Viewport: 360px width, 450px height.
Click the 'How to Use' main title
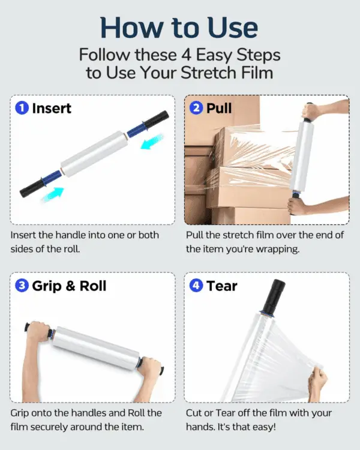179,28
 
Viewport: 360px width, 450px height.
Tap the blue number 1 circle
22,108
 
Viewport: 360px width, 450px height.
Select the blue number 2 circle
196,108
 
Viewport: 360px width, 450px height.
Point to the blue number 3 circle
22,286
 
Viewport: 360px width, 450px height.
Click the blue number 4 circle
196,286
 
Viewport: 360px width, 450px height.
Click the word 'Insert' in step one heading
52,109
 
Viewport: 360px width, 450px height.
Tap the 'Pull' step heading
219,109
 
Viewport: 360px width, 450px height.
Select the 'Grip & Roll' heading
69,286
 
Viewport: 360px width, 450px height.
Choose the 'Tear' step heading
222,286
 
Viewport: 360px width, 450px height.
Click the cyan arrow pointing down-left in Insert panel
152,142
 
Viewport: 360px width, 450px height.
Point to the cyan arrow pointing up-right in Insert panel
53,194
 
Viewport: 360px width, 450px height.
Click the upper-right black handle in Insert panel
156,119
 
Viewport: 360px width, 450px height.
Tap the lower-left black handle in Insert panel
32,188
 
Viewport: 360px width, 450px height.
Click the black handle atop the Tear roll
274,296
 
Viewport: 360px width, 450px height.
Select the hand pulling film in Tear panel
317,384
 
